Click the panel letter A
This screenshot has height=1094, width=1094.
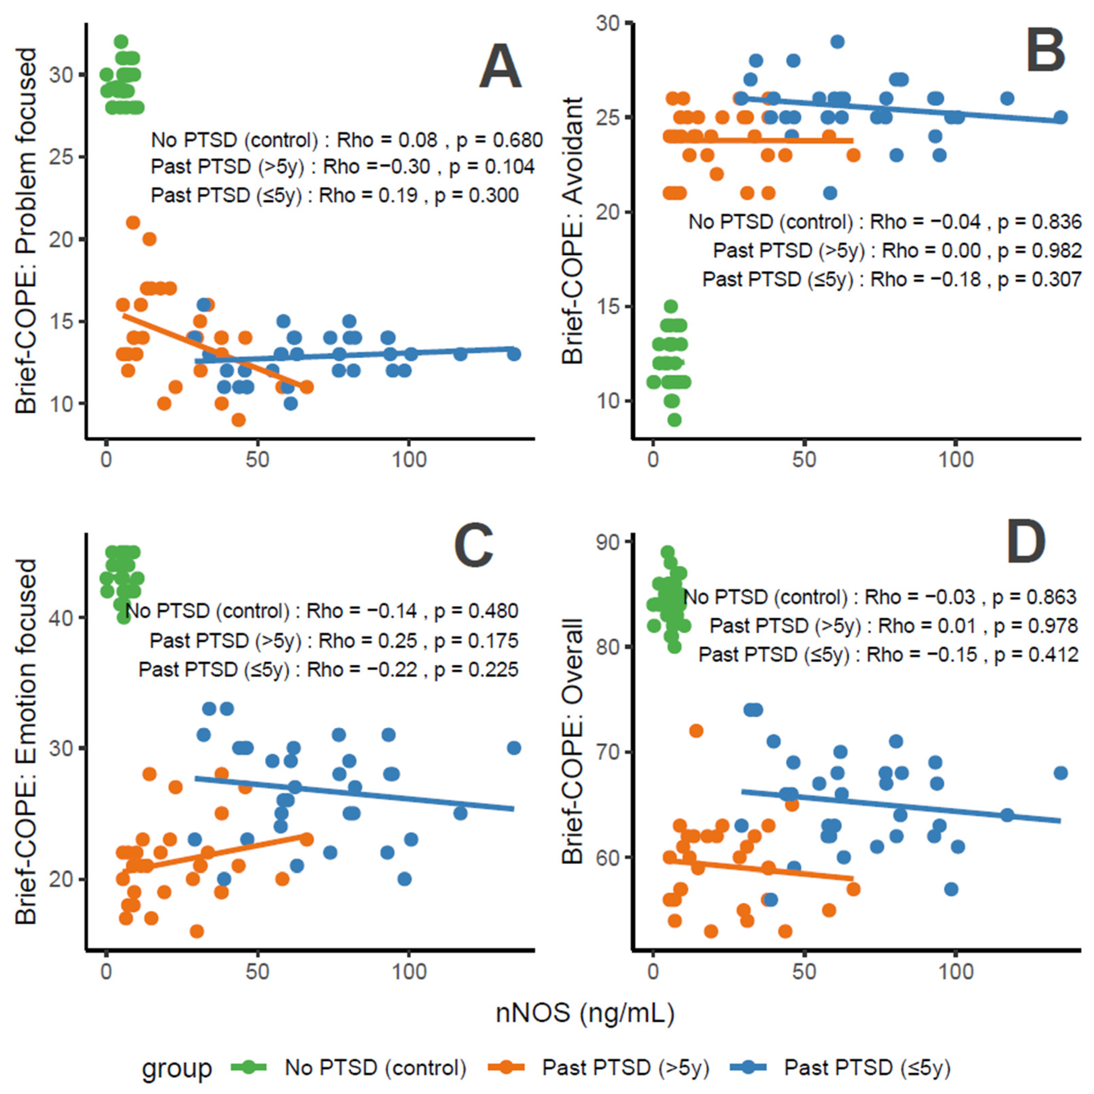(x=500, y=68)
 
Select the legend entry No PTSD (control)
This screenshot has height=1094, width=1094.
(x=375, y=1068)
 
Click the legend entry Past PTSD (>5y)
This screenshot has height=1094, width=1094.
(x=625, y=1068)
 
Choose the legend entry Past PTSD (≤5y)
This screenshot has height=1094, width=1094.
(x=867, y=1068)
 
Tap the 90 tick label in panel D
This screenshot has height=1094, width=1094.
(x=608, y=542)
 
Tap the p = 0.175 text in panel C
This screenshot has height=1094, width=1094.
(x=476, y=641)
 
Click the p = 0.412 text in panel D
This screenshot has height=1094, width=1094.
(x=1036, y=655)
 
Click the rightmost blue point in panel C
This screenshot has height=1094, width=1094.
(x=514, y=748)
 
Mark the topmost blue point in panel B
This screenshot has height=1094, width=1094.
(x=837, y=42)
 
